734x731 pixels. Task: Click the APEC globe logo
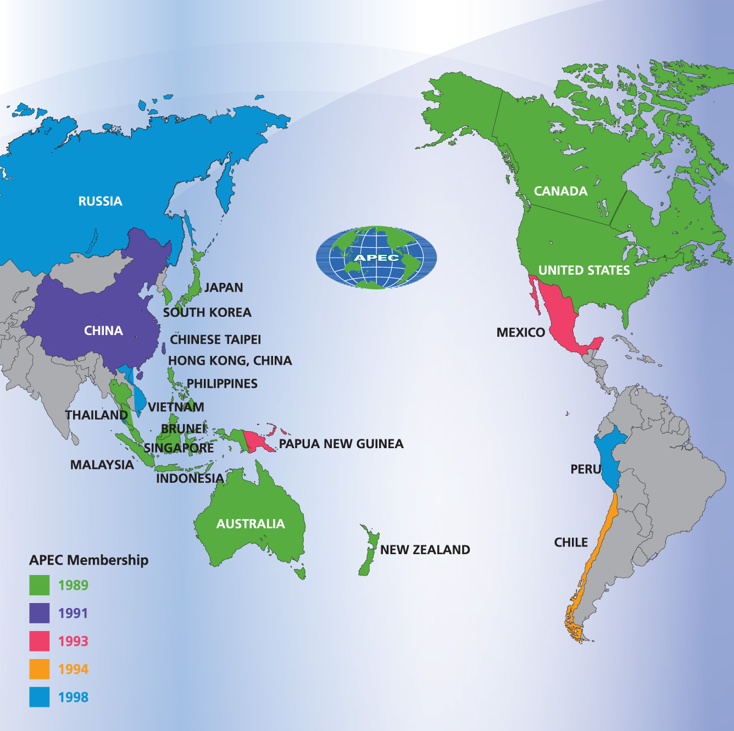[x=376, y=258]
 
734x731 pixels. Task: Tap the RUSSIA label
[x=100, y=201]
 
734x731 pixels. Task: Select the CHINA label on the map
[x=103, y=331]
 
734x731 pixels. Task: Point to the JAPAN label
[x=224, y=287]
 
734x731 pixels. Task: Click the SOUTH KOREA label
[x=207, y=313]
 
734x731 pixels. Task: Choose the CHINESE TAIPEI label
[x=215, y=339]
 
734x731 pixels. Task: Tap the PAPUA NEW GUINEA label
[x=341, y=444]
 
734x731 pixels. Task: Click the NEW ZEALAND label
[x=425, y=550]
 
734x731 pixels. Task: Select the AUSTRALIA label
[x=251, y=524]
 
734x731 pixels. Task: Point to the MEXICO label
[x=521, y=332]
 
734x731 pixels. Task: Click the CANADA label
[x=560, y=191]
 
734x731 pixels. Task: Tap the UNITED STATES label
[x=584, y=270]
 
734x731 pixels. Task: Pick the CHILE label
[x=571, y=543]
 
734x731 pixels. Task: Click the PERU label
[x=586, y=469]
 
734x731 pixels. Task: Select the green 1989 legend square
[x=39, y=585]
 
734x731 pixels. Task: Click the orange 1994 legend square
[x=39, y=669]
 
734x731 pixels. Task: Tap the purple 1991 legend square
[x=39, y=613]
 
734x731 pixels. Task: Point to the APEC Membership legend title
[x=89, y=560]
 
